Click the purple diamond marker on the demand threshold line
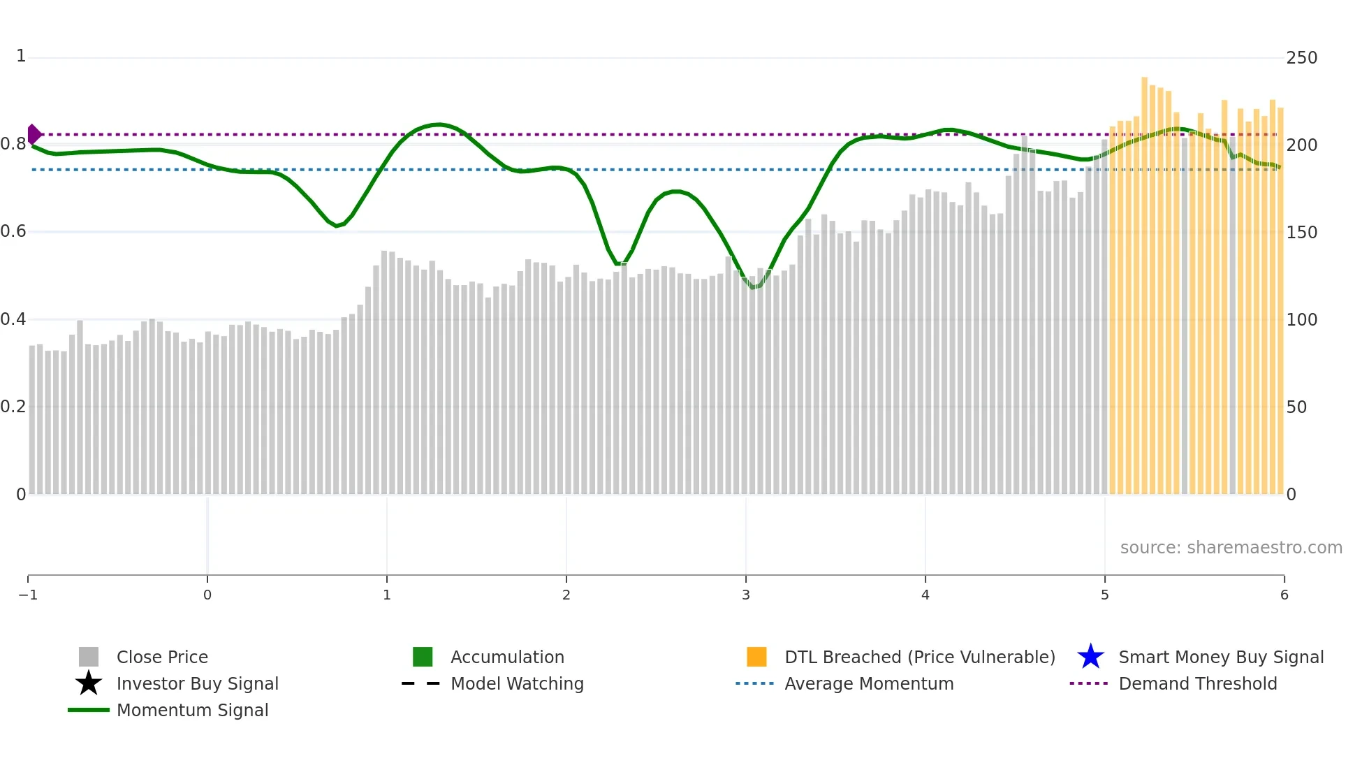click(x=34, y=134)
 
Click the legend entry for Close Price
click(x=161, y=657)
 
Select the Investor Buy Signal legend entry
click(x=197, y=683)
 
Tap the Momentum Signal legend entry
click(x=192, y=710)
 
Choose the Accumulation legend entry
click(x=506, y=657)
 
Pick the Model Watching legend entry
click(x=516, y=683)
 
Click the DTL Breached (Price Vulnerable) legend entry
click(x=919, y=657)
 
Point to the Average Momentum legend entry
click(x=868, y=683)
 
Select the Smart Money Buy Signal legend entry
click(x=1220, y=657)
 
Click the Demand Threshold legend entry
click(x=1197, y=683)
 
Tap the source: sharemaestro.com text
click(x=1231, y=547)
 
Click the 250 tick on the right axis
click(x=1301, y=58)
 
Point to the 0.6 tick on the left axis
click(x=13, y=231)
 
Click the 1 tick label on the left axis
click(x=21, y=56)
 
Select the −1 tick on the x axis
click(x=28, y=595)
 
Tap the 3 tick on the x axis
click(x=746, y=595)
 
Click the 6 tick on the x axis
click(x=1284, y=595)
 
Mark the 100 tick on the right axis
click(x=1301, y=319)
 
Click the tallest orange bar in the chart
click(x=1145, y=279)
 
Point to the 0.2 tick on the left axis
click(x=13, y=407)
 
